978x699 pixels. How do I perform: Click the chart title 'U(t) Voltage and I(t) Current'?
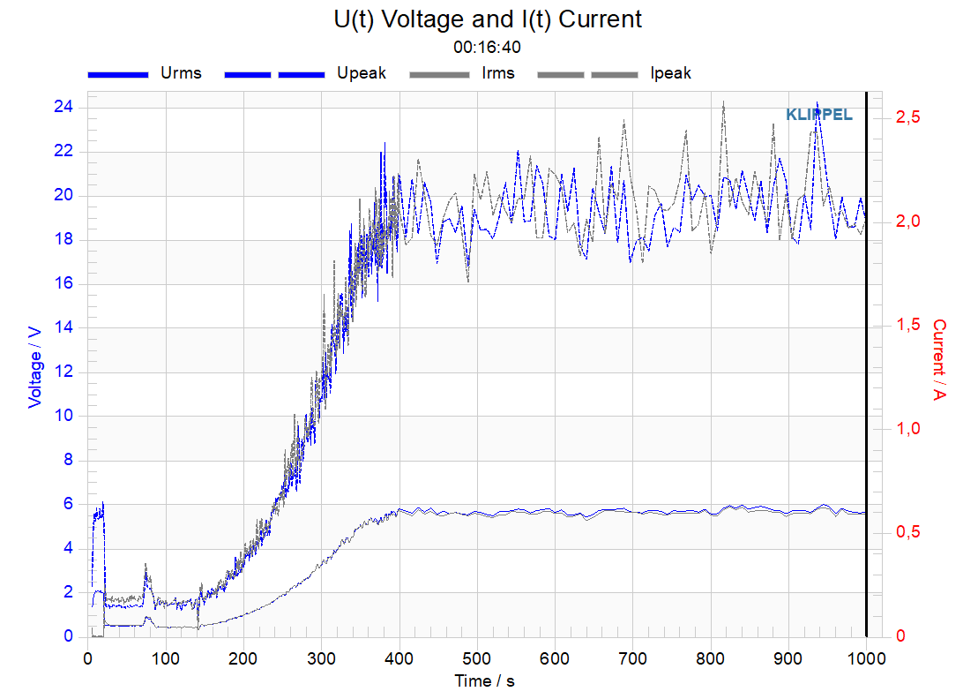click(x=488, y=19)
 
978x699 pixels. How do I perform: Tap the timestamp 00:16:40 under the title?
click(x=487, y=48)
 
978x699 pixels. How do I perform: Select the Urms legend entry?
click(x=145, y=73)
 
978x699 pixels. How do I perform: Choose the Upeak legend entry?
click(x=305, y=73)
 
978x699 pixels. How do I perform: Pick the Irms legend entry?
click(x=462, y=73)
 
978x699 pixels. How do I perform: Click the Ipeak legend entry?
click(x=615, y=73)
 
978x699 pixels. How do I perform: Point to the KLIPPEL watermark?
click(x=819, y=115)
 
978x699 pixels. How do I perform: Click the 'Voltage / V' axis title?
click(x=35, y=367)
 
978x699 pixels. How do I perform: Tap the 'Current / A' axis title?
click(x=939, y=359)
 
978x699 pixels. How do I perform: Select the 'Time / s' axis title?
click(x=485, y=680)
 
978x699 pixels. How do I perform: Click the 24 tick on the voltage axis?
click(x=63, y=107)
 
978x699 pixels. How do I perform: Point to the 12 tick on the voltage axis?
click(x=63, y=372)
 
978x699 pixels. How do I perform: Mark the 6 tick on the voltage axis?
click(x=69, y=504)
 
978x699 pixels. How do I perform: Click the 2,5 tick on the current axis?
click(x=908, y=116)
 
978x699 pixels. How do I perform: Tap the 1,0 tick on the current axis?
click(x=908, y=428)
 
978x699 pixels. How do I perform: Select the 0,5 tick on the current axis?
click(x=908, y=531)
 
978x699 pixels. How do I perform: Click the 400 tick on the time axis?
click(x=399, y=658)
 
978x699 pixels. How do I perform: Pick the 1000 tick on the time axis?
click(x=866, y=658)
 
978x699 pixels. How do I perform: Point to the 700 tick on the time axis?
click(x=632, y=658)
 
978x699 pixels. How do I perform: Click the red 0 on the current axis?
click(x=900, y=636)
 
